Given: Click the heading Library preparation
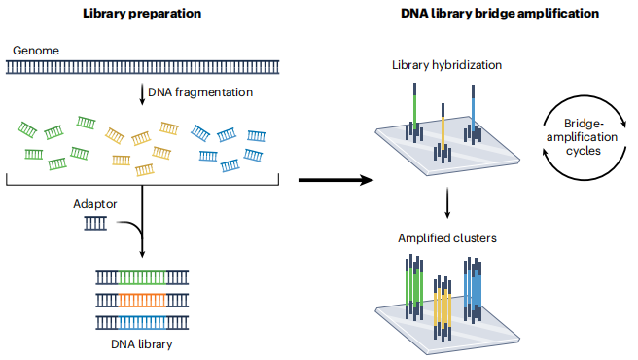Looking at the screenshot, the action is point(142,14).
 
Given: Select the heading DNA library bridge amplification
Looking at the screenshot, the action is point(500,14).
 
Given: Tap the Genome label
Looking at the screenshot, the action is point(36,51).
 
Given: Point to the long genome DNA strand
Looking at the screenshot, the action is point(142,67).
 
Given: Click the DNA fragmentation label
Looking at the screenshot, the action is point(200,92).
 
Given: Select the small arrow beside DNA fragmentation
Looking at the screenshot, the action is point(142,94).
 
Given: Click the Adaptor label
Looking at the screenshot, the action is point(94,204).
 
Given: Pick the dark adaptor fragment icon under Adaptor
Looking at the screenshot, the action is point(95,223).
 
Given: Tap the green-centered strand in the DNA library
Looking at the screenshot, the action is point(142,277).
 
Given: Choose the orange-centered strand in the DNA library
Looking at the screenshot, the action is point(142,300).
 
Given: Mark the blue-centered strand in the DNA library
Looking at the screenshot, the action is point(142,322).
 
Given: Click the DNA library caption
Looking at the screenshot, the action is point(142,344).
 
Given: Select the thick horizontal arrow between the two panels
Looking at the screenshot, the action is point(337,180).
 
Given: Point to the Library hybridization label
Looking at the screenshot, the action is point(446,65).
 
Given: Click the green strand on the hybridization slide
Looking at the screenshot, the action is point(414,110).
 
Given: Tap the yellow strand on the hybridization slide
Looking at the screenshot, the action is point(443,129).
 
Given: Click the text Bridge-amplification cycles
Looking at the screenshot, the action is point(583,137).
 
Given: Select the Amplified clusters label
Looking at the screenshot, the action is point(447,238).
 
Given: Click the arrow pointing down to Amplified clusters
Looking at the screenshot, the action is point(447,202).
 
